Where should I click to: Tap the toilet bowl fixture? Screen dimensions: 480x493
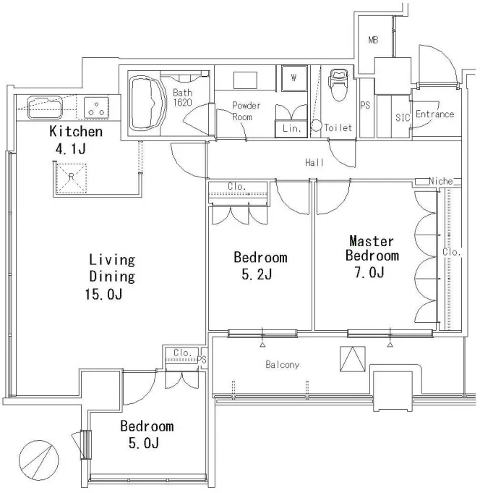coord(338,85)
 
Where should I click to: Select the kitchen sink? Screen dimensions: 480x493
coord(45,107)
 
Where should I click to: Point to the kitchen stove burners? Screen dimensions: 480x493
coord(96,108)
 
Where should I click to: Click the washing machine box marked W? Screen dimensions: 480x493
coord(293,78)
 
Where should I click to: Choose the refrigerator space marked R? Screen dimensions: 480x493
coord(71,178)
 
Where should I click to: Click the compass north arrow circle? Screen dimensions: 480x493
coord(38,460)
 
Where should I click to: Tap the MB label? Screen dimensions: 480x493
coord(373,40)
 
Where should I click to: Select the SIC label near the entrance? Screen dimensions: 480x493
coord(403,117)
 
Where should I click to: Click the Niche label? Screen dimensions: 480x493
coord(441,181)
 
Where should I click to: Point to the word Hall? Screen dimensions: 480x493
coord(314,163)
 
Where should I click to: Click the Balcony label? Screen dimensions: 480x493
coord(282,365)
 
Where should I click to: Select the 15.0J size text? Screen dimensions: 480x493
coord(103,295)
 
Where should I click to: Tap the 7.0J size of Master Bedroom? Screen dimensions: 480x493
coord(369,272)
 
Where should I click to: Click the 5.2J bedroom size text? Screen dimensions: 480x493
coord(257,274)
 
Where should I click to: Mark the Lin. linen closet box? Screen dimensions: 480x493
coord(291,129)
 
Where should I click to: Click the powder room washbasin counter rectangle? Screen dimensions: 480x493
coord(245,80)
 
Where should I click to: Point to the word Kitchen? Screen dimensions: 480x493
coord(76,132)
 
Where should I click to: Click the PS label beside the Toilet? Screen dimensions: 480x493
coord(365,105)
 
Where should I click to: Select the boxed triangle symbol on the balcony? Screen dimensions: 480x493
coord(353,359)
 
